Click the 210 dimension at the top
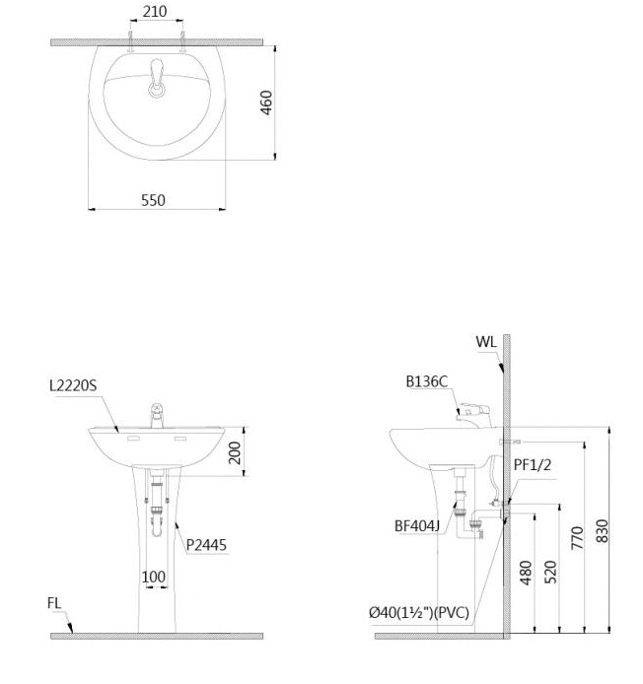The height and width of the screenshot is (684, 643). pyautogui.click(x=155, y=12)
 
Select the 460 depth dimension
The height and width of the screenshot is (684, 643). pyautogui.click(x=266, y=103)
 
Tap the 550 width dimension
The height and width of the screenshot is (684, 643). pyautogui.click(x=153, y=200)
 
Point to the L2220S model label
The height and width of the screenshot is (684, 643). pyautogui.click(x=73, y=385)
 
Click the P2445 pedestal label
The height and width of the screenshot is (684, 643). pyautogui.click(x=206, y=545)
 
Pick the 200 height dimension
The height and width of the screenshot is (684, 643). pyautogui.click(x=235, y=452)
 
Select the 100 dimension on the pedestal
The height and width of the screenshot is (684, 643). pyautogui.click(x=154, y=577)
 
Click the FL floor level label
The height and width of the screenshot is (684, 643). pyautogui.click(x=54, y=603)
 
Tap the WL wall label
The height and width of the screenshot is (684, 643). pyautogui.click(x=486, y=342)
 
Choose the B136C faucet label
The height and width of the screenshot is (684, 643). pyautogui.click(x=427, y=381)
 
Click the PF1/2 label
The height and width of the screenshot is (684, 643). pyautogui.click(x=533, y=464)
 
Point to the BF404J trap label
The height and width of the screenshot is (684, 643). pyautogui.click(x=417, y=526)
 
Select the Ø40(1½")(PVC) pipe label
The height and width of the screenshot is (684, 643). pyautogui.click(x=419, y=612)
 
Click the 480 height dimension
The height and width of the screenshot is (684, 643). pyautogui.click(x=526, y=573)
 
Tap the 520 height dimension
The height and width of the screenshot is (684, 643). pyautogui.click(x=550, y=572)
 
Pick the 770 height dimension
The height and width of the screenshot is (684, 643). pyautogui.click(x=577, y=537)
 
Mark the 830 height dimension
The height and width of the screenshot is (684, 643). pyautogui.click(x=602, y=531)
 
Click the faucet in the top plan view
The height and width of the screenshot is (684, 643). pyautogui.click(x=157, y=78)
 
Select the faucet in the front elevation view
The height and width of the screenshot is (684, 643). pyautogui.click(x=157, y=415)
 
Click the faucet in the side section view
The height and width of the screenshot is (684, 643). pyautogui.click(x=474, y=415)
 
